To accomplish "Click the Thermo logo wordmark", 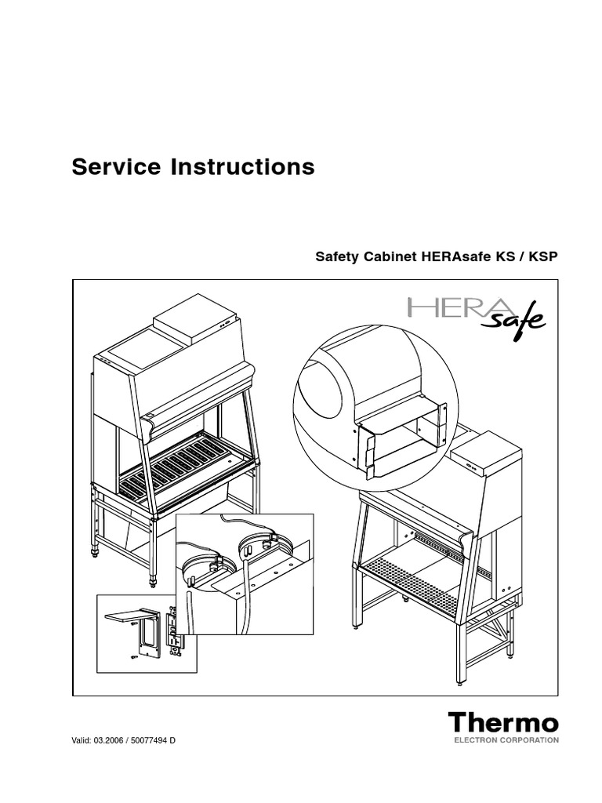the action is [x=503, y=722].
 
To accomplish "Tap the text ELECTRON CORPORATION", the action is [x=503, y=739].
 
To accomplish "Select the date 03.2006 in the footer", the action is [x=110, y=741].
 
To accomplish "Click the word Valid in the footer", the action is [x=82, y=741].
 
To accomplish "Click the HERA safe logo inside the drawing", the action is [x=475, y=311].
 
